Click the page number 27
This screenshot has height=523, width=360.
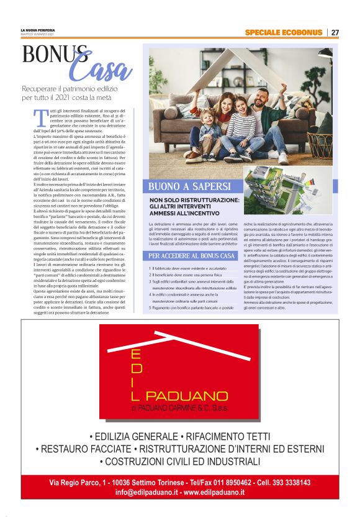335,32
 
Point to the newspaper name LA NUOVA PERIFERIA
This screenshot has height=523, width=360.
38,30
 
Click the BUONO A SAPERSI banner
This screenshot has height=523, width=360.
190,186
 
